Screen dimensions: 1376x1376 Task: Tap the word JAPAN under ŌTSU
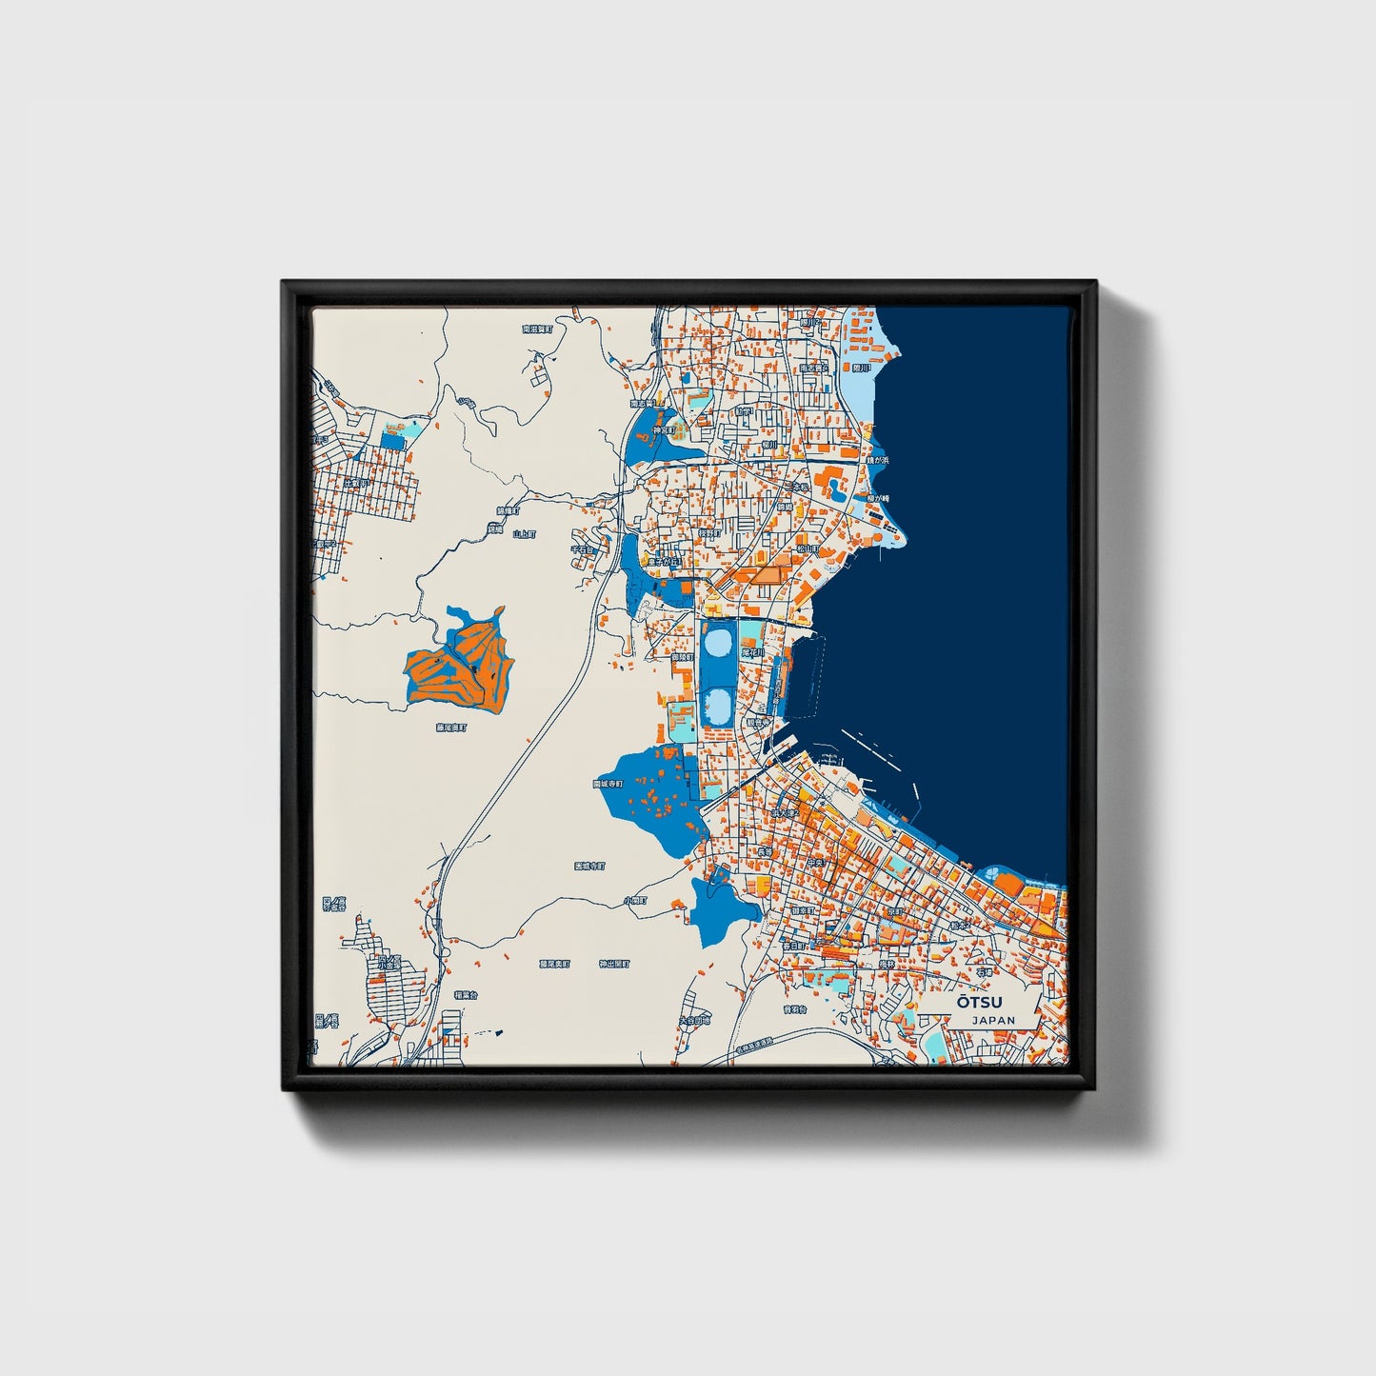point(993,1020)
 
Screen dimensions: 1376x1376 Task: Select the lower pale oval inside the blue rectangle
point(719,705)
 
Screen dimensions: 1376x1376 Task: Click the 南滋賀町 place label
point(537,329)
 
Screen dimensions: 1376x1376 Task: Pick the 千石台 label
point(582,549)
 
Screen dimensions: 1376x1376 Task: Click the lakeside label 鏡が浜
point(877,460)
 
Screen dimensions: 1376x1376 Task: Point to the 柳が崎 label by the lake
point(878,498)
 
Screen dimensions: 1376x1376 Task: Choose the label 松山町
point(808,548)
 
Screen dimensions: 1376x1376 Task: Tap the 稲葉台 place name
point(465,995)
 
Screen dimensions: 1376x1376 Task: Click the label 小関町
point(635,900)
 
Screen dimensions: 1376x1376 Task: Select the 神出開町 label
point(614,964)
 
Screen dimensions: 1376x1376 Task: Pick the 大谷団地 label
point(693,1020)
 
